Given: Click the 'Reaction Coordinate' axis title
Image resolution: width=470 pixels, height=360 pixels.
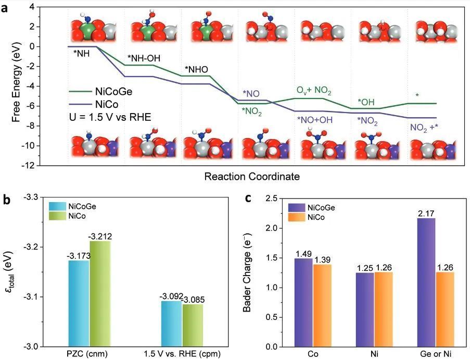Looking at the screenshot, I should click(x=251, y=177).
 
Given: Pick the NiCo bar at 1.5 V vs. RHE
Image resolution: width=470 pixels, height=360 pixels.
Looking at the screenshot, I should click(x=192, y=325).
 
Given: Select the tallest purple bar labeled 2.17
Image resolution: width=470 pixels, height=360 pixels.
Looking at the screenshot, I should click(x=426, y=282).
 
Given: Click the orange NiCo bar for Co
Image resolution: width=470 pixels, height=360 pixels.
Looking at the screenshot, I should click(x=322, y=305).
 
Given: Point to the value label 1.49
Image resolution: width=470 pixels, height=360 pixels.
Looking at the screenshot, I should click(x=303, y=253).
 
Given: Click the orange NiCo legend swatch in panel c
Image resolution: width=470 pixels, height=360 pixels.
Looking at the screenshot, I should click(x=297, y=217).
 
